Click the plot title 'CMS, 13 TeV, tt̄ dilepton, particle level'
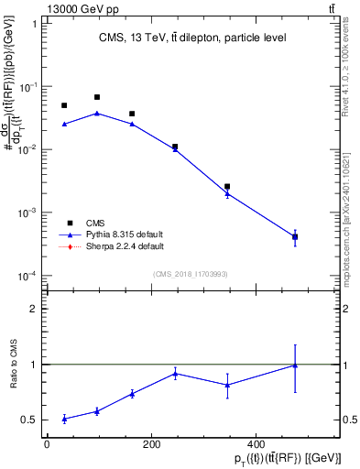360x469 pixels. tap(193, 38)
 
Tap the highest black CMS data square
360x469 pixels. tap(97, 97)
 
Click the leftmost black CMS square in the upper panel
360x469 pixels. tap(64, 105)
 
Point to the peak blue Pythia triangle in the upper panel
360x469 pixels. tap(97, 114)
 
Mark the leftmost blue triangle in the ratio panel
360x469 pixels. tap(64, 419)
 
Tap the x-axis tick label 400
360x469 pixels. tap(255, 444)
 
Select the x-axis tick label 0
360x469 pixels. tap(47, 444)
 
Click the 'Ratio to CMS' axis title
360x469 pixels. tap(15, 365)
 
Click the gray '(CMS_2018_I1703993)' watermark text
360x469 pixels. tap(191, 274)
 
